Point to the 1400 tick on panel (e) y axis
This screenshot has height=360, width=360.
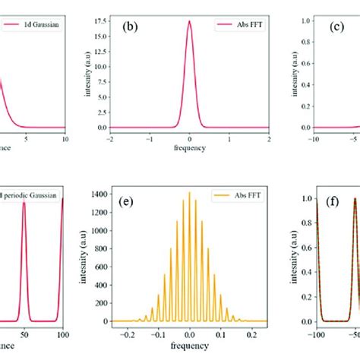pyautogui.click(x=96, y=193)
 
